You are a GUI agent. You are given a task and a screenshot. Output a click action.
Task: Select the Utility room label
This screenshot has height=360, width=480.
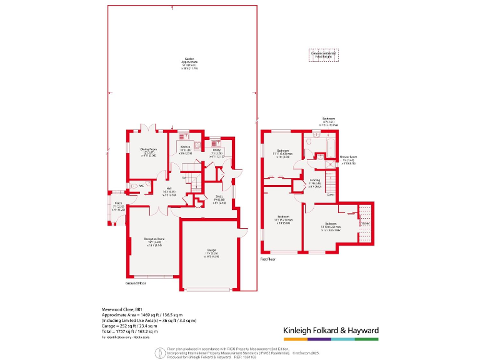tap(217, 151)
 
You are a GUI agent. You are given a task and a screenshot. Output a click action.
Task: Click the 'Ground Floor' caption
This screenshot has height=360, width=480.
tap(135, 282)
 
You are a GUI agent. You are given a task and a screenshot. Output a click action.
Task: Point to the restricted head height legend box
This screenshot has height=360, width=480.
tap(324, 55)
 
